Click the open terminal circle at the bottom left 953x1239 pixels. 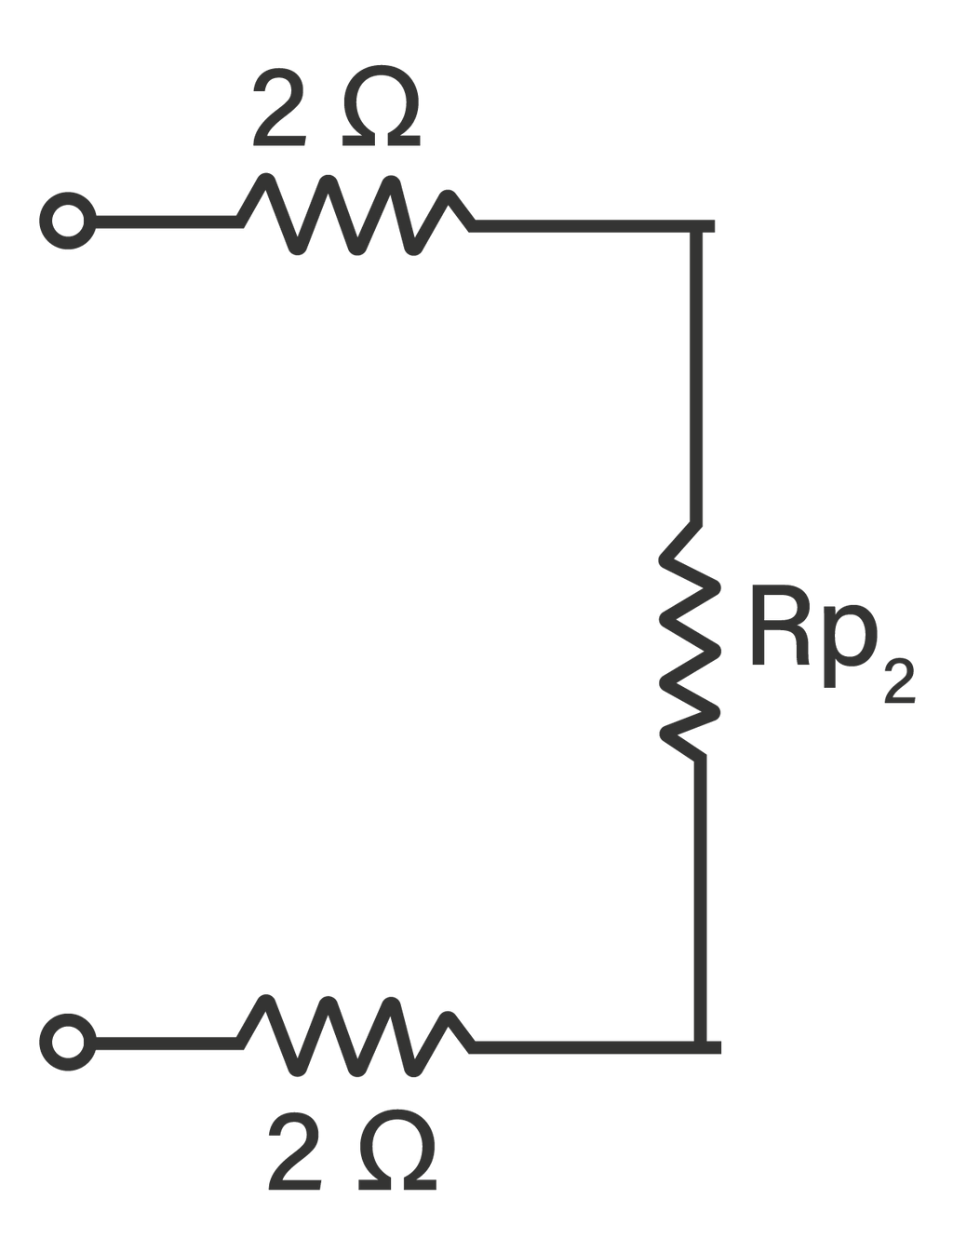67,1040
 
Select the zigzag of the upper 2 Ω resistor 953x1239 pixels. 354,214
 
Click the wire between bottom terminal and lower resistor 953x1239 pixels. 163,1040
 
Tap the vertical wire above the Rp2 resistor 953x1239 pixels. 694,372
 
